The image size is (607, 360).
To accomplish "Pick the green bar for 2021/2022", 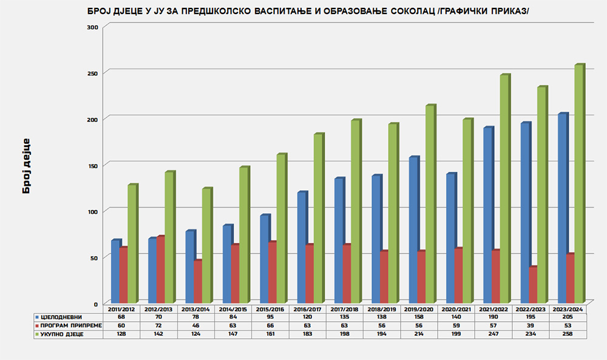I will point(503,189).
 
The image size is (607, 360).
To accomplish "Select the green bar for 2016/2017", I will point(317,218).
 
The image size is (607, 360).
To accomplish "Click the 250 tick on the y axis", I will point(93,72).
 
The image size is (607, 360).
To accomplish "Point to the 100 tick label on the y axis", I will point(93,211).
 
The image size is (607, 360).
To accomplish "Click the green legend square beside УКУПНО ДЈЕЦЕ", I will point(38,335).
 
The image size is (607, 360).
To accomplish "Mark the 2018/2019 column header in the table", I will point(381,309).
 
